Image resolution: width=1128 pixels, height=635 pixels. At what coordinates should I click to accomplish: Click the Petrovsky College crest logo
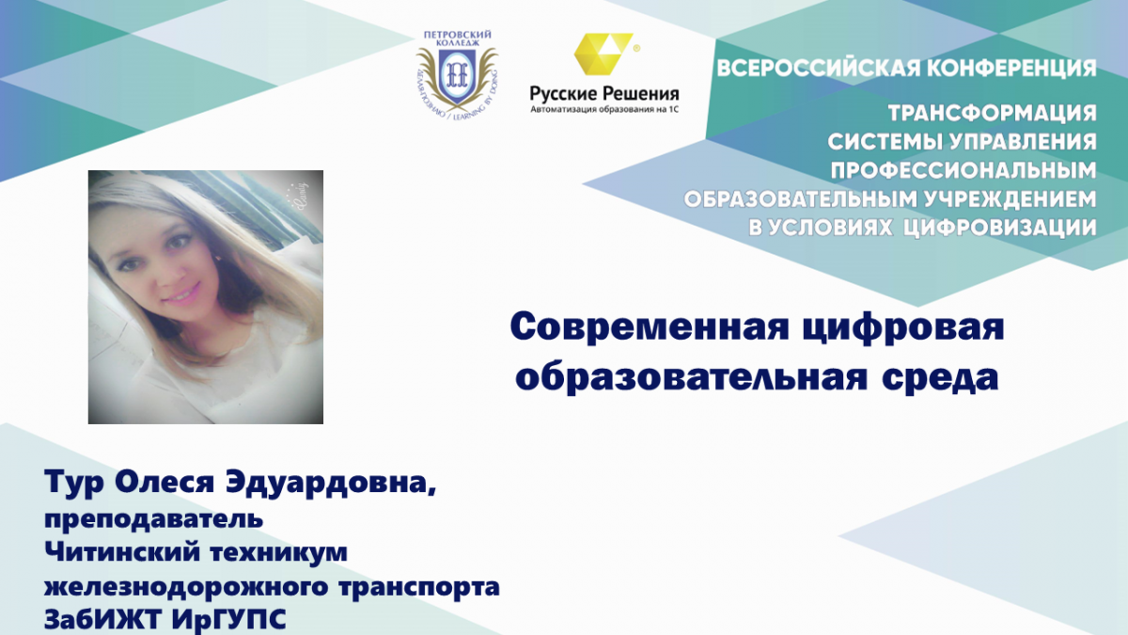click(457, 74)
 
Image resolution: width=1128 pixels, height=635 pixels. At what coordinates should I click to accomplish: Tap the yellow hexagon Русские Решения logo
click(603, 54)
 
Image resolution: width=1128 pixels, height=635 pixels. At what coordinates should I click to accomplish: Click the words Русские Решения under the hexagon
click(604, 94)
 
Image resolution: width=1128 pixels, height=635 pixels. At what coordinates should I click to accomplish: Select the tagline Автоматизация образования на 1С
click(604, 109)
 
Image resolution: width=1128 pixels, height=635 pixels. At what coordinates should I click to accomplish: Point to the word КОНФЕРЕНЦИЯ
click(1012, 68)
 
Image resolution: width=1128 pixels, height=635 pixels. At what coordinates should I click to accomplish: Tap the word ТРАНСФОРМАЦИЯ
click(992, 114)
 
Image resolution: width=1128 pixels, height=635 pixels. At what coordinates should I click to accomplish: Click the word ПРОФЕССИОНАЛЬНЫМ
click(963, 170)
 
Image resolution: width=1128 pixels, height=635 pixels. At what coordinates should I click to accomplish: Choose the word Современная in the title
click(650, 327)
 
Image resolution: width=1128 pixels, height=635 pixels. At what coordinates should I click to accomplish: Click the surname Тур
click(74, 484)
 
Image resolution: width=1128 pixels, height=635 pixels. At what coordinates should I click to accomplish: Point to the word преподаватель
click(153, 519)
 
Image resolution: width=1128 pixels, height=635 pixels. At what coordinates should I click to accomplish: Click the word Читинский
click(122, 552)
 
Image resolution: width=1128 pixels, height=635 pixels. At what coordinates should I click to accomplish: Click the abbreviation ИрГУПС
click(228, 619)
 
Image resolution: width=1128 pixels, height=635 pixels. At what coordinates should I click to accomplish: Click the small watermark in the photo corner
click(299, 197)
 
